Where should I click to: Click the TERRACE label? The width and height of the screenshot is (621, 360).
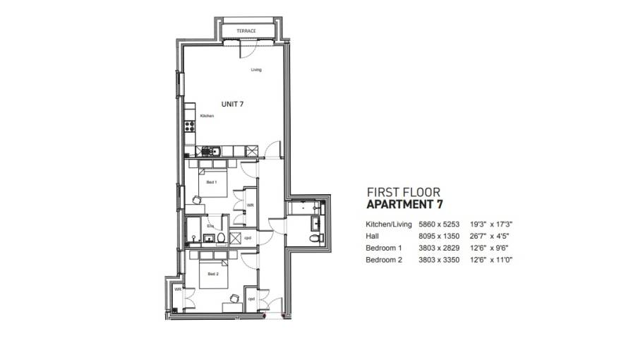point(246,31)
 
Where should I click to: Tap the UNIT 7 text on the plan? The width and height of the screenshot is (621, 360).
point(233,104)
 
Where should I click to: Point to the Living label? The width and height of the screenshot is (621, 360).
point(255,69)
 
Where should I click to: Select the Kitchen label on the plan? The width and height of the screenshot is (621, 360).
point(207,116)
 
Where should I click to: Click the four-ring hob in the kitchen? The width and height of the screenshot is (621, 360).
point(189,126)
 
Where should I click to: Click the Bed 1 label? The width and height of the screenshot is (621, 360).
point(211,182)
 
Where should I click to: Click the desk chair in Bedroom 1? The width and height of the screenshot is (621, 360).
point(197,200)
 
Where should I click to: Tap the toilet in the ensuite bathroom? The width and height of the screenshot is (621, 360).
point(221,238)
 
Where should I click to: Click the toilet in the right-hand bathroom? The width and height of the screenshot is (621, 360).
point(315,239)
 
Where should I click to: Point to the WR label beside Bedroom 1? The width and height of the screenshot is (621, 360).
point(250,205)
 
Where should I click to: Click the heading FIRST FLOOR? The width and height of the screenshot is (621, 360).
point(404,192)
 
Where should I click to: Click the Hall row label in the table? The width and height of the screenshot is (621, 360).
point(372,236)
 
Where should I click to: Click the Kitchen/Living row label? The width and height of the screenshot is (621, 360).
point(387,224)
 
